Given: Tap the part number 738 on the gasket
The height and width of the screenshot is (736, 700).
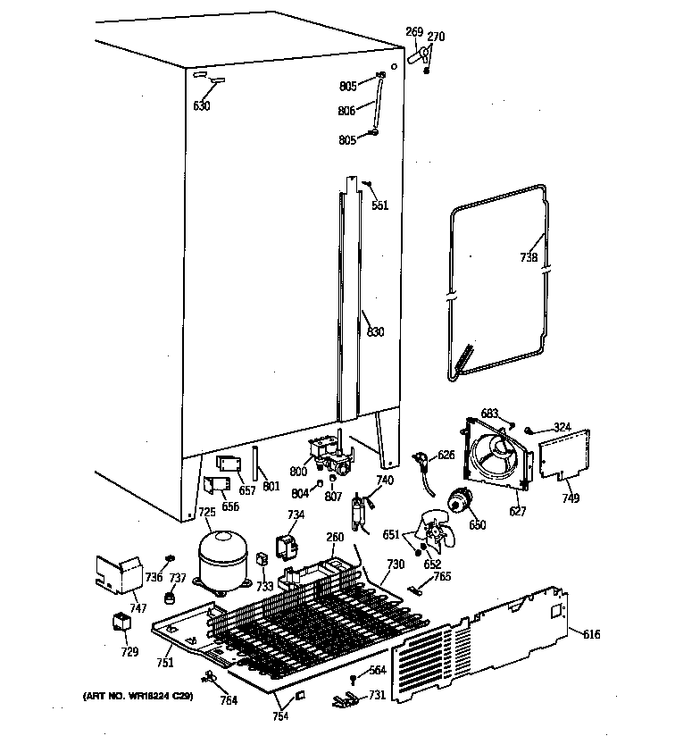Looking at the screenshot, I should (529, 258).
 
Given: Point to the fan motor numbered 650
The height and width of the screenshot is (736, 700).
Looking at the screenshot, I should (462, 504).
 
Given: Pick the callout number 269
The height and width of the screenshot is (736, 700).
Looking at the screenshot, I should (413, 32).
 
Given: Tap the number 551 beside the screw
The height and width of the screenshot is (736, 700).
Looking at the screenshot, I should (380, 205).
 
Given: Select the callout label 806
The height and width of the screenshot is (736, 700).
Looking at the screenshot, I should (347, 111).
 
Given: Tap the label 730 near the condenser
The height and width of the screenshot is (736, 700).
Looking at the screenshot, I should (395, 565).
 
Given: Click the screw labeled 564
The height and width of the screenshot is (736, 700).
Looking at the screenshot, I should (354, 681).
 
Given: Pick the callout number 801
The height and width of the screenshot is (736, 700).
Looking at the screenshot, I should (271, 488).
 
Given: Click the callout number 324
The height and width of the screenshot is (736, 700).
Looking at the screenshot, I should (561, 427).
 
